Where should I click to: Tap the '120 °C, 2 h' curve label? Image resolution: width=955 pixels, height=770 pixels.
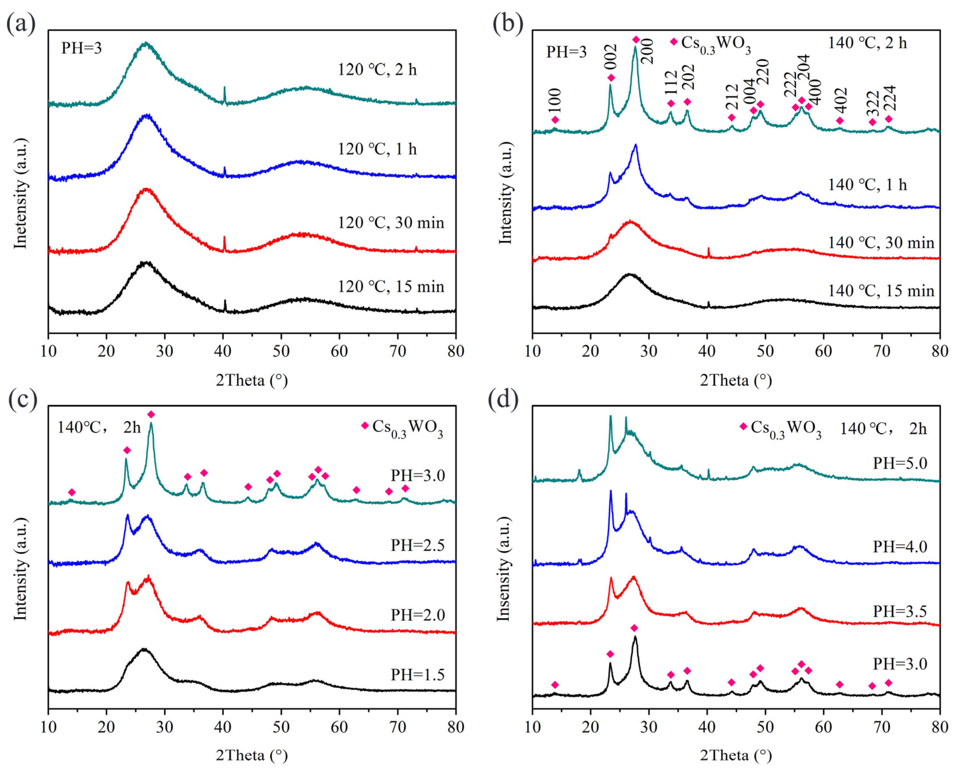[377, 70]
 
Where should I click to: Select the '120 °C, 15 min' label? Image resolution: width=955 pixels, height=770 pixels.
[391, 287]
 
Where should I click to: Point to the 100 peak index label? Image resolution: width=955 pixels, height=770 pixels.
[555, 100]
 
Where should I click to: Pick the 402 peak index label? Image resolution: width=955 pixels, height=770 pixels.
[840, 100]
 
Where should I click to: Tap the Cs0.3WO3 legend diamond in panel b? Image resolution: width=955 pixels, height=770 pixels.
[674, 42]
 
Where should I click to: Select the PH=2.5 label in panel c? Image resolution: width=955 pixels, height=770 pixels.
[417, 545]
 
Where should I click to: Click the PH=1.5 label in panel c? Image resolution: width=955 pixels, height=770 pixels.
[417, 675]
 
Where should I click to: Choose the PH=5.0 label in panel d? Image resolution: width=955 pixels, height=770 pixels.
[900, 463]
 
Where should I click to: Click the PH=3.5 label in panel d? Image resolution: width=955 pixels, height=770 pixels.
[900, 611]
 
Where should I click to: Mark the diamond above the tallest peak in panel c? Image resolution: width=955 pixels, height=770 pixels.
[151, 414]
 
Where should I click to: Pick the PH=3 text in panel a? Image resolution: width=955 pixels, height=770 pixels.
[82, 48]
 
